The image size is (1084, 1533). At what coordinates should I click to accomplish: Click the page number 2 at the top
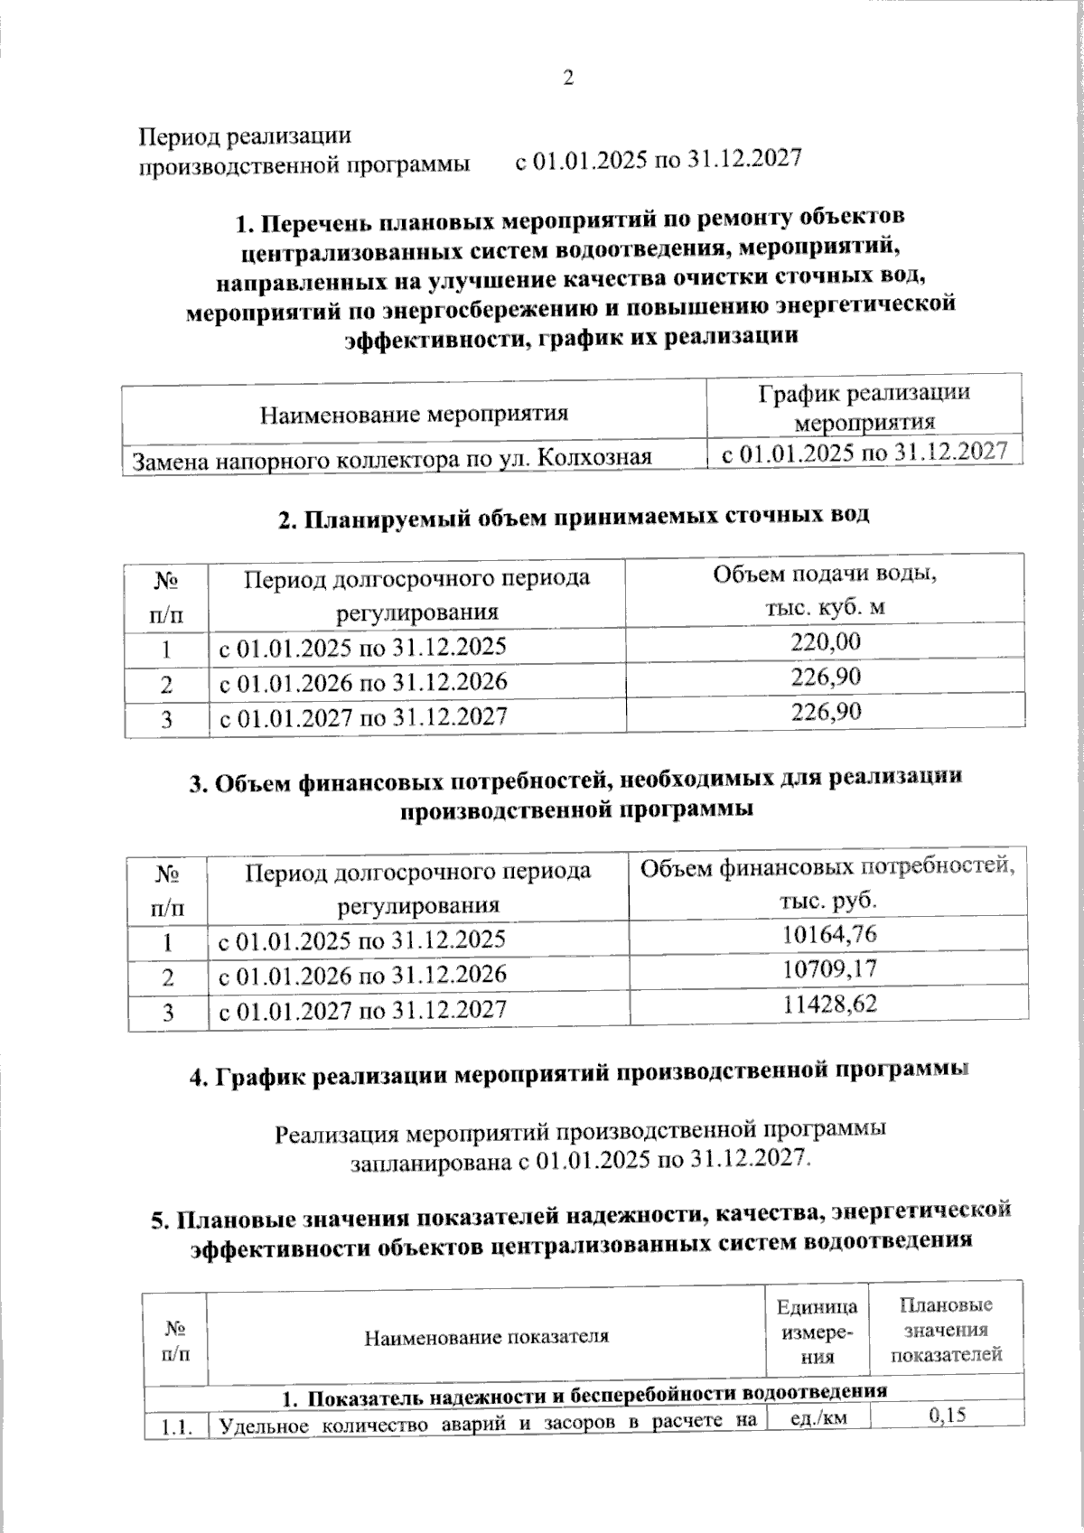pos(568,79)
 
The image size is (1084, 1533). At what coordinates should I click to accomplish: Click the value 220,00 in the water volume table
pos(826,642)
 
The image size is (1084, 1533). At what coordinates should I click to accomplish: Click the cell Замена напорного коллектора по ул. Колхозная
pos(393,460)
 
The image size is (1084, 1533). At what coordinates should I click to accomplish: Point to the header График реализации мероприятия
pos(864,407)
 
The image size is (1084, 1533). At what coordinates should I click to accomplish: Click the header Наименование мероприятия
pos(415,415)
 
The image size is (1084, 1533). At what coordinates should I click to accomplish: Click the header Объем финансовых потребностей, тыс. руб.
pos(828,883)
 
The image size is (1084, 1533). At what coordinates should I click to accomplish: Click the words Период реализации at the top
pos(244,136)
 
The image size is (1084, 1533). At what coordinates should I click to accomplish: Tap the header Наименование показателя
pos(486,1337)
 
